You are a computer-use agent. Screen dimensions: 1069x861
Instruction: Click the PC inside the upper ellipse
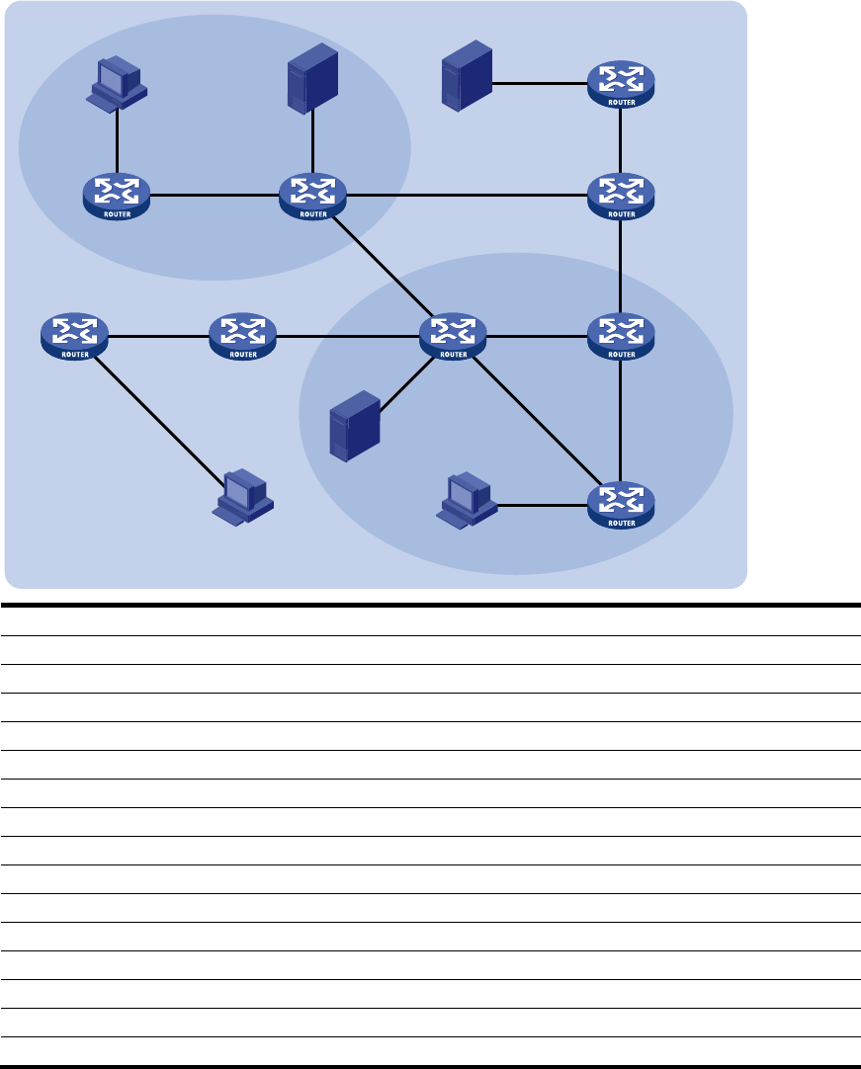[118, 83]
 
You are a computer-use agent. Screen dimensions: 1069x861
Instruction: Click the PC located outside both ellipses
[243, 496]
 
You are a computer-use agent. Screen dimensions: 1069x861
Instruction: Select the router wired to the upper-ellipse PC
[117, 196]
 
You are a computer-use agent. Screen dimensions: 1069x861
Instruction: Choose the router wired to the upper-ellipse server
[312, 196]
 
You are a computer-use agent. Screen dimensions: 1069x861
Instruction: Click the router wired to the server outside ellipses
[620, 85]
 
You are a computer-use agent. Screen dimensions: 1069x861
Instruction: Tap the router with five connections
[453, 336]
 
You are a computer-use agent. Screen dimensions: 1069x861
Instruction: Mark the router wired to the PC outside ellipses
[74, 336]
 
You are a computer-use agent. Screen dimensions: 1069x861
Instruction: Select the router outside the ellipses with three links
[620, 196]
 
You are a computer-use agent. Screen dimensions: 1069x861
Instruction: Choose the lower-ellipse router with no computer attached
[620, 336]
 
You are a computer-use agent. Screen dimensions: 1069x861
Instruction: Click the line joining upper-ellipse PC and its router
[118, 138]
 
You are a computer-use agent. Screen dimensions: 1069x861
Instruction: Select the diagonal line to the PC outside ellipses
[158, 415]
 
